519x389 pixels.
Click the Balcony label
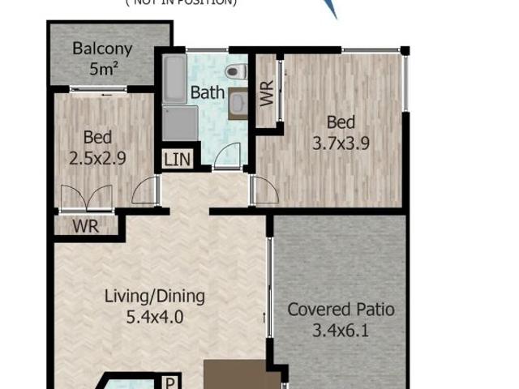pos(102,49)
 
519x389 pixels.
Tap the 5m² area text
pos(102,69)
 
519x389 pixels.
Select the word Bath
pos(207,92)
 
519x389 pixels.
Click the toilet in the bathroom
pos(234,72)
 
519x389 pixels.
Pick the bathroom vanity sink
pos(238,103)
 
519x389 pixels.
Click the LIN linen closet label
pos(178,159)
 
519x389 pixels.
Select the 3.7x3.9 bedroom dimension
pos(341,143)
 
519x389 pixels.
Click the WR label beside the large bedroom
pos(267,94)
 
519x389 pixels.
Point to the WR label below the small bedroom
pos(85,226)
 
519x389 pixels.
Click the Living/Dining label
pos(154,296)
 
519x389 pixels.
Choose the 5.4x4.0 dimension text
pos(154,316)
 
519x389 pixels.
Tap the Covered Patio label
pos(341,310)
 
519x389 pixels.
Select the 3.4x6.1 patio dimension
pos(341,330)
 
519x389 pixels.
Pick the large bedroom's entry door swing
pos(264,190)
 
